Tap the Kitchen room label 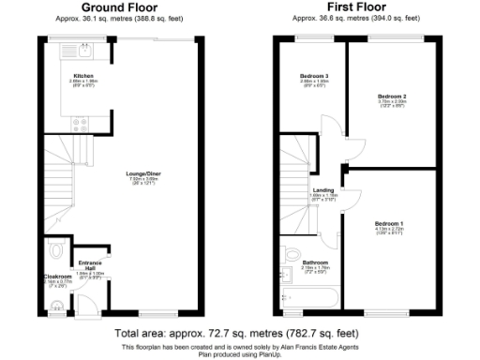(x=83, y=75)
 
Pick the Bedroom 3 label (x=314, y=76)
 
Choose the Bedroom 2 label (x=391, y=97)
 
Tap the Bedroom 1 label (x=385, y=224)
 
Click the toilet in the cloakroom (x=54, y=249)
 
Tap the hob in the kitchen (x=74, y=124)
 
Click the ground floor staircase (x=59, y=187)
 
